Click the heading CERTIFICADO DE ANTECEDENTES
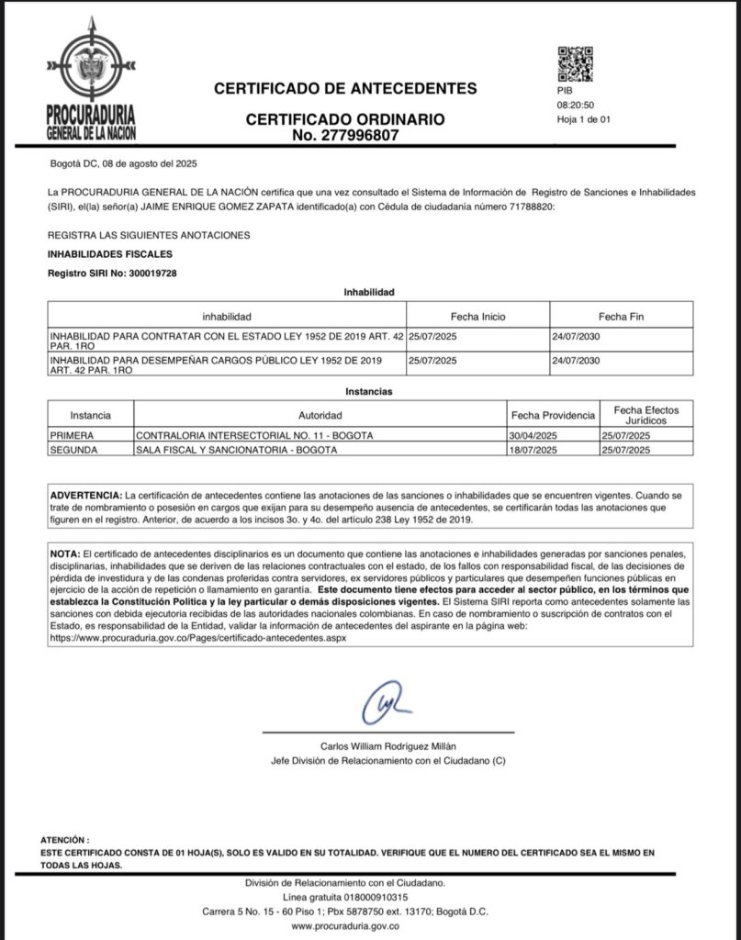[345, 89]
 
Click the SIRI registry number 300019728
[144, 274]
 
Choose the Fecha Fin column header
[621, 317]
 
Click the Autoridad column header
[320, 415]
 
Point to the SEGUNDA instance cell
[72, 450]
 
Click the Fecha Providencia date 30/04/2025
[533, 435]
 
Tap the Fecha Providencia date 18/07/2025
[533, 450]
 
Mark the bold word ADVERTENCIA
[85, 494]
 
